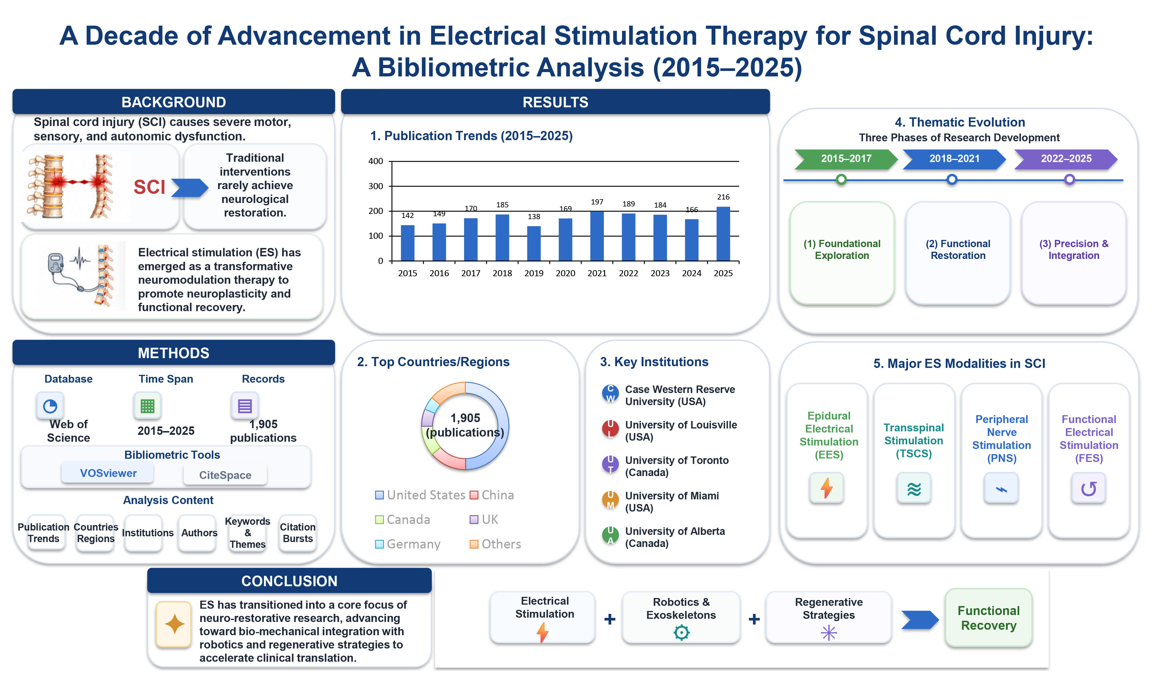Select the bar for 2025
tap(723, 234)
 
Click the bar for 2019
tap(534, 243)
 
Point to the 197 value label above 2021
tap(597, 202)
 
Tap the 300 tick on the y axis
tap(376, 186)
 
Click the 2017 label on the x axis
tap(471, 273)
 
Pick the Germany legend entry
tap(408, 544)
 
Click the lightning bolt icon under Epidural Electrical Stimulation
tap(826, 488)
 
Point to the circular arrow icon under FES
tap(1089, 488)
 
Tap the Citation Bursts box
tap(298, 533)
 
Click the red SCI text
tap(150, 187)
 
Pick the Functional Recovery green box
tap(988, 618)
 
